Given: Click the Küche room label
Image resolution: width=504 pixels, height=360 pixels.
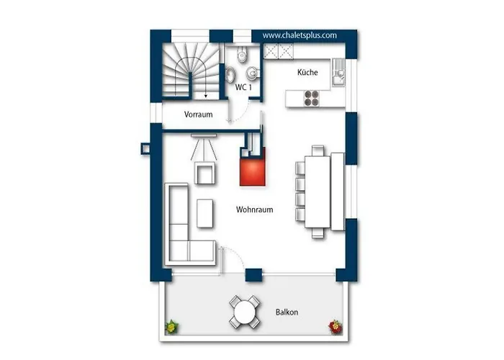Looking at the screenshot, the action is tap(307, 72).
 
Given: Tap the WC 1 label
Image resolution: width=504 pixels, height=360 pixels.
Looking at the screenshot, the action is tap(243, 87).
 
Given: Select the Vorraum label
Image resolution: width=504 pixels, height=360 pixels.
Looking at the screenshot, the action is tap(198, 114).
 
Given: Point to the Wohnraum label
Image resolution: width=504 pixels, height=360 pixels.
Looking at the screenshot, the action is tap(255, 210).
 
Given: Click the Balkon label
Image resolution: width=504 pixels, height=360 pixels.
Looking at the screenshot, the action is tap(287, 312).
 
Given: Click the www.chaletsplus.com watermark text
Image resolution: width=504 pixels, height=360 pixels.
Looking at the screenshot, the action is tap(300, 35).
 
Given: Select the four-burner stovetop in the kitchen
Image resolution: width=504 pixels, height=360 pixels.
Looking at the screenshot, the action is tap(312, 99).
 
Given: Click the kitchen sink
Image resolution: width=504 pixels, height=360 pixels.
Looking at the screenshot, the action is tap(338, 72).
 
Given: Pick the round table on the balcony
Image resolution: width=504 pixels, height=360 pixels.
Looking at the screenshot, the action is tap(245, 312).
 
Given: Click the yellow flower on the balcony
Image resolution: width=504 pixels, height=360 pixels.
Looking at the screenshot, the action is tap(172, 327).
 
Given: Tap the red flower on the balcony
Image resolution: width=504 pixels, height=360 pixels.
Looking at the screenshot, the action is tap(336, 327).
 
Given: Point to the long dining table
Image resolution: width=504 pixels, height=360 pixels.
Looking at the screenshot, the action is tap(318, 192).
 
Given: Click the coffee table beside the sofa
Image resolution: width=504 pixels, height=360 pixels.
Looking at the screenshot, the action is tap(204, 213).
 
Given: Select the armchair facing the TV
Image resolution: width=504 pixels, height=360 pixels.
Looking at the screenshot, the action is tap(204, 173).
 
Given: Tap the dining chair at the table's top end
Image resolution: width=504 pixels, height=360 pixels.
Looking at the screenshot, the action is tap(318, 150).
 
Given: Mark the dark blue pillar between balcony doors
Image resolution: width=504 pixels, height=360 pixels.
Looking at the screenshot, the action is tap(254, 275).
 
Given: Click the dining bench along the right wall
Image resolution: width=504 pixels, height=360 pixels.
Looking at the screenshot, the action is tap(338, 192).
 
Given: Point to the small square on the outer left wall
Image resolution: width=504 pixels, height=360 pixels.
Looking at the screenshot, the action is tap(145, 148).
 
